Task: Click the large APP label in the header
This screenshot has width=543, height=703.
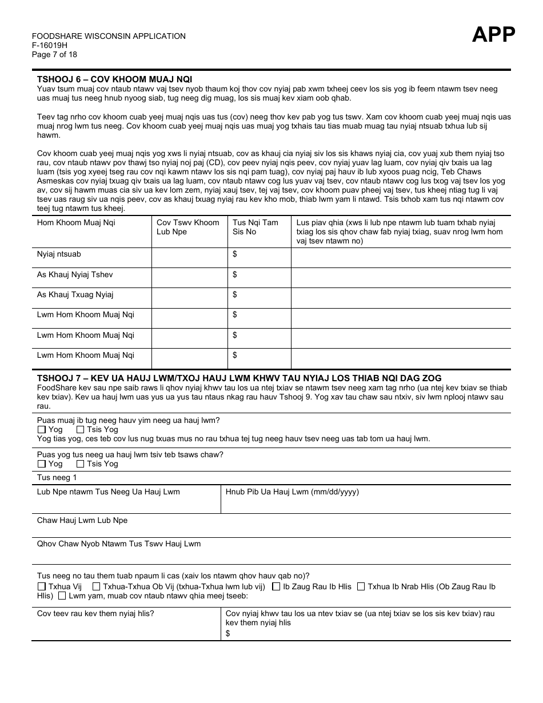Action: coord(493,35)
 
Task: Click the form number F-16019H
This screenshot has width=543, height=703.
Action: coord(50,46)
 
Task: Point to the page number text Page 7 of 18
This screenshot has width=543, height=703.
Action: coord(54,55)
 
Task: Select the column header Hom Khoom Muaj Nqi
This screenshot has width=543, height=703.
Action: coord(76,223)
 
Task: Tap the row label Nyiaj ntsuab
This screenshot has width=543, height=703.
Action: coord(59,254)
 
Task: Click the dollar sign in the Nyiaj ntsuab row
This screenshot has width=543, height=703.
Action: coord(235,254)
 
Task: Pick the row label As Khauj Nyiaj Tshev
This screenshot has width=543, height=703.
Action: coord(75,275)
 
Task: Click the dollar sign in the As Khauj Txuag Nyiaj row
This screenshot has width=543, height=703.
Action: coord(235,295)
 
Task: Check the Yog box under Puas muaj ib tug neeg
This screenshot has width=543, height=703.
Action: coord(42,430)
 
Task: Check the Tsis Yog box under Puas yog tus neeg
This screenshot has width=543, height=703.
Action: coord(81,464)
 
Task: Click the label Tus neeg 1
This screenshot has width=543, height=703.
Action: coord(57,478)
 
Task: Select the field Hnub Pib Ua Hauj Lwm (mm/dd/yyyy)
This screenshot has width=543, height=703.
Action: coord(366,500)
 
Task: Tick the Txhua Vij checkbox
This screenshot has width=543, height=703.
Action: coord(42,586)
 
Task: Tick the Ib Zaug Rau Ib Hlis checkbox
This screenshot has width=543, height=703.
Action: coord(276,586)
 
